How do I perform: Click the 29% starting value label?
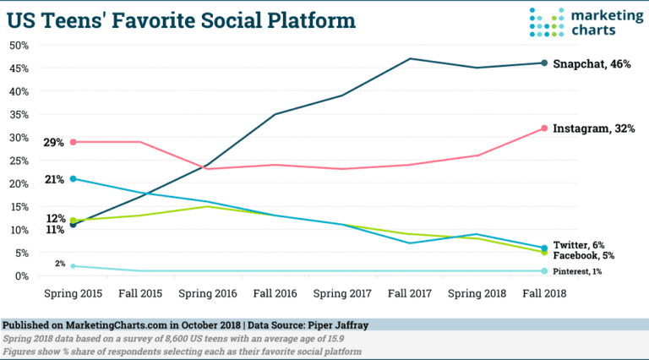[54, 142]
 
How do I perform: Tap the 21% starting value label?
[54, 179]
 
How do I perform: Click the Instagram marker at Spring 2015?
[74, 142]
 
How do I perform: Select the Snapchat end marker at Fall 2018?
[544, 63]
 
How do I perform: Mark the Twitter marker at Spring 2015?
[74, 179]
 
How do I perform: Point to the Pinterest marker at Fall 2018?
[544, 271]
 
